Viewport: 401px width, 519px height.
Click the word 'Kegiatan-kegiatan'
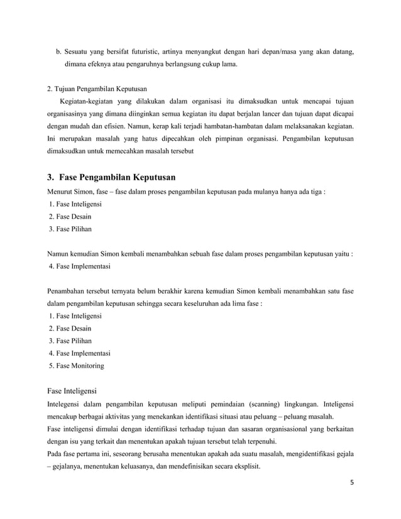click(x=86, y=101)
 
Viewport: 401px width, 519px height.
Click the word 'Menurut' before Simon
click(x=62, y=191)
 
